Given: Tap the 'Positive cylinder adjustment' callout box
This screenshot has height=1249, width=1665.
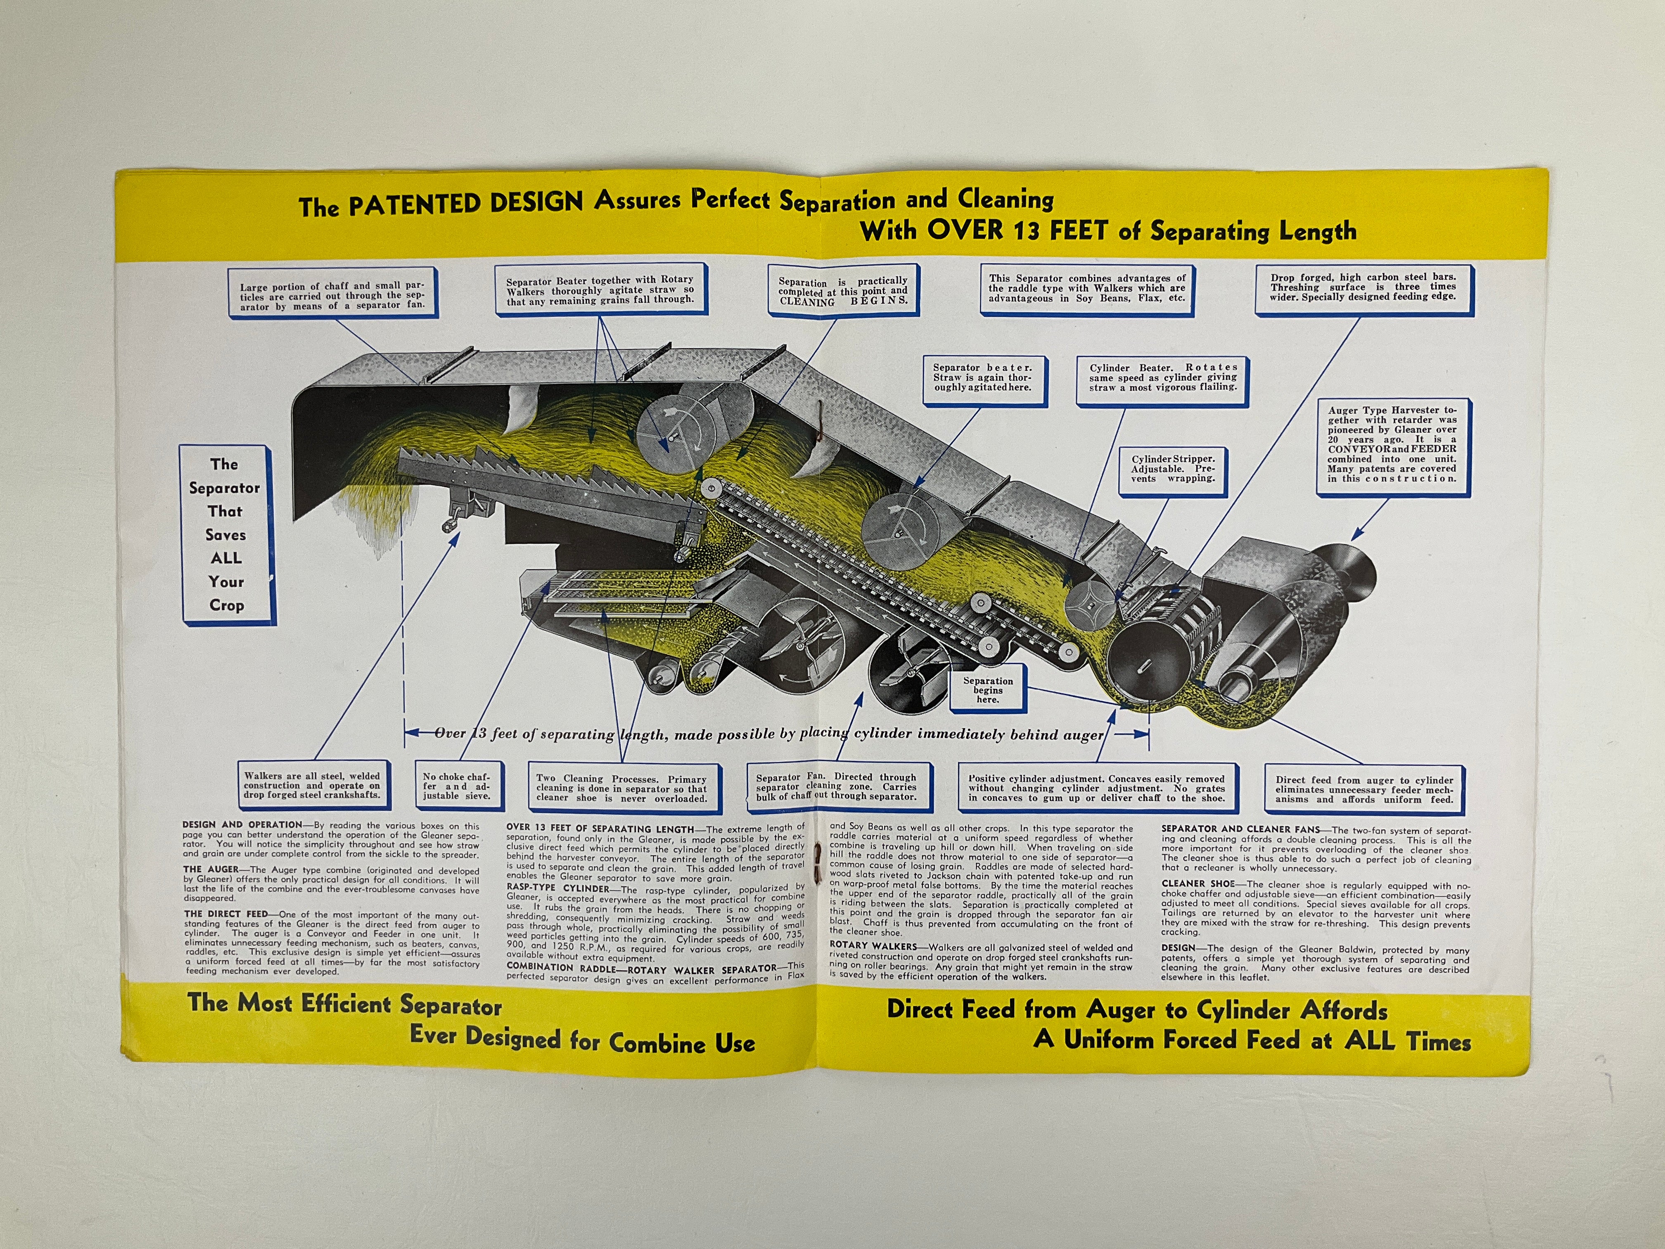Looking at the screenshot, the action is point(1096,788).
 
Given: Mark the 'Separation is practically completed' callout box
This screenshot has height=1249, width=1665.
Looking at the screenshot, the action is point(843,291).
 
